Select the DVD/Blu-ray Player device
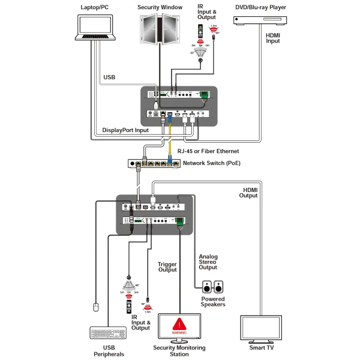pos(260,19)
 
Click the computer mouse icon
pos(94,308)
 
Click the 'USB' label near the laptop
pos(109,77)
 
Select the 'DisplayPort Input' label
pos(125,130)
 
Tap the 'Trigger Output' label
pos(167,267)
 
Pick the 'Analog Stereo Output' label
pos(208,262)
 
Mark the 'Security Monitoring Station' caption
pos(179,351)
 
